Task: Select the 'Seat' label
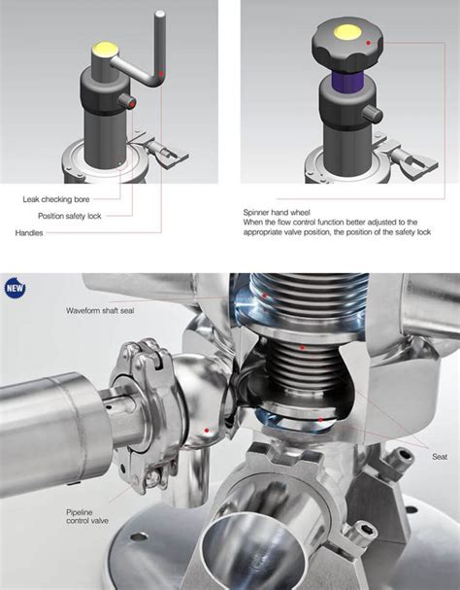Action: click(x=439, y=455)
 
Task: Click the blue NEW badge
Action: click(x=15, y=288)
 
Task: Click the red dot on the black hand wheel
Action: click(x=369, y=44)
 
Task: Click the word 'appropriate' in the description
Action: click(x=267, y=232)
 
